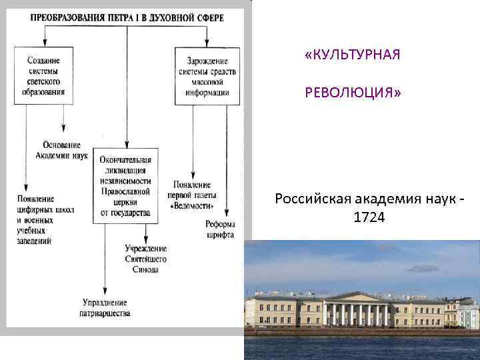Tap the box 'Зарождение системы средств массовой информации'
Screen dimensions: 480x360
point(203,75)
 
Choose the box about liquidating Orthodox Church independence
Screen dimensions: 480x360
point(125,186)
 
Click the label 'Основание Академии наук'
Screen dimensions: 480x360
point(61,150)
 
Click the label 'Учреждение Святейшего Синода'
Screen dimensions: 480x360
point(145,259)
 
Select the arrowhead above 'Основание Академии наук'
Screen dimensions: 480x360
point(63,133)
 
